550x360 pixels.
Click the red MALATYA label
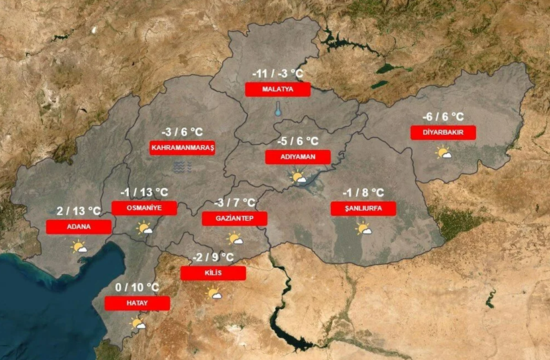click(278, 89)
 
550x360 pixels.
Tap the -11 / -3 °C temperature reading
click(278, 74)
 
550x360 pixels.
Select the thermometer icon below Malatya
click(277, 109)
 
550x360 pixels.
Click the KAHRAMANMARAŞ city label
click(182, 148)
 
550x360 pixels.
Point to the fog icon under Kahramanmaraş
click(182, 166)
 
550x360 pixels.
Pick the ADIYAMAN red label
click(298, 157)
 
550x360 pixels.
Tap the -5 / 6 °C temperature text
click(298, 141)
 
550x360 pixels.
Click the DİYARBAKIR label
click(443, 132)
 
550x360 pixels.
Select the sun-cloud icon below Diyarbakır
click(443, 153)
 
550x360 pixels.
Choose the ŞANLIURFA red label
click(363, 208)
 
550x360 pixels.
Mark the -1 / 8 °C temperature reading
click(363, 193)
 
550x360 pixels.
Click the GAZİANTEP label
click(234, 219)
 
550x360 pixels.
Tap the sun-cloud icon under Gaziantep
click(235, 238)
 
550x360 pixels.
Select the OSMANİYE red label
click(144, 208)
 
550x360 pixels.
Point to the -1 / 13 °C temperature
click(144, 193)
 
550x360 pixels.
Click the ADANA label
click(78, 227)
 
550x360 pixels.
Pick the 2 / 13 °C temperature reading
click(78, 212)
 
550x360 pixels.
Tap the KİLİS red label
click(213, 273)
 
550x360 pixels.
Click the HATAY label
click(137, 303)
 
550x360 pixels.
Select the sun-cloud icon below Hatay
click(138, 324)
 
